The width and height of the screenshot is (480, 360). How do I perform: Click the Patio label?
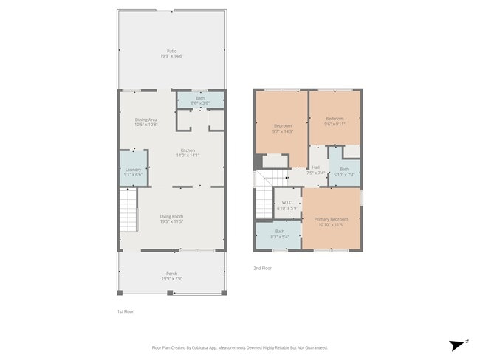click(171, 53)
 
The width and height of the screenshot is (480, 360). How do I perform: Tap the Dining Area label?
click(145, 122)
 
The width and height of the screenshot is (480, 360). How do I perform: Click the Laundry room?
click(133, 171)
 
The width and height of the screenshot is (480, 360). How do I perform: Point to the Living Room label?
click(171, 218)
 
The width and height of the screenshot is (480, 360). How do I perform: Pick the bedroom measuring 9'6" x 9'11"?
click(335, 120)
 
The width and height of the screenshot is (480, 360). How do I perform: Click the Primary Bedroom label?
click(331, 221)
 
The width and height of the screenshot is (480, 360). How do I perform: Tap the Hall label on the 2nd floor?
click(315, 169)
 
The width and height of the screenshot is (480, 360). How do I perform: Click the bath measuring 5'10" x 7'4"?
click(344, 171)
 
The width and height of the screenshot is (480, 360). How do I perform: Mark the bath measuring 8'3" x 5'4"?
click(279, 234)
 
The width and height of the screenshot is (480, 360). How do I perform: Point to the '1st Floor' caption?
click(126, 311)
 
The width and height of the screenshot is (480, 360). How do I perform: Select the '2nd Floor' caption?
click(262, 268)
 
